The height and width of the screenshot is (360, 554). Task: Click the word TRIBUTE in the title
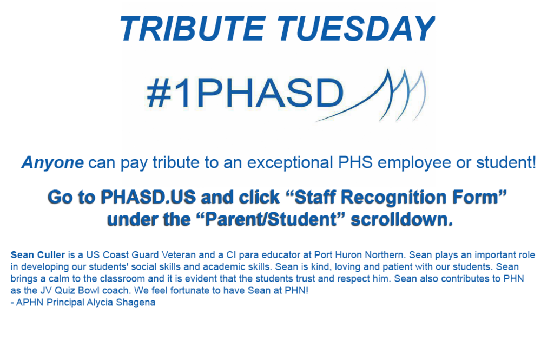click(x=193, y=29)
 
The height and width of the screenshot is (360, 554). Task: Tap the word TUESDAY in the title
click(x=356, y=29)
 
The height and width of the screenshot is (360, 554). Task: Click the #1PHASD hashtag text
click(x=245, y=93)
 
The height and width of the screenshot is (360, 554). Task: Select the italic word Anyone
click(x=52, y=162)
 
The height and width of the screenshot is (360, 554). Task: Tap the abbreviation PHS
click(x=355, y=162)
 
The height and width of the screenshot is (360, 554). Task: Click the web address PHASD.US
click(x=148, y=197)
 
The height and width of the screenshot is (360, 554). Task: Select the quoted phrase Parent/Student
click(x=271, y=219)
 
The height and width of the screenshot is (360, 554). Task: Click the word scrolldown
click(x=402, y=219)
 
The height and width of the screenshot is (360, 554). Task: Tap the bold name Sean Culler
click(x=38, y=255)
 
